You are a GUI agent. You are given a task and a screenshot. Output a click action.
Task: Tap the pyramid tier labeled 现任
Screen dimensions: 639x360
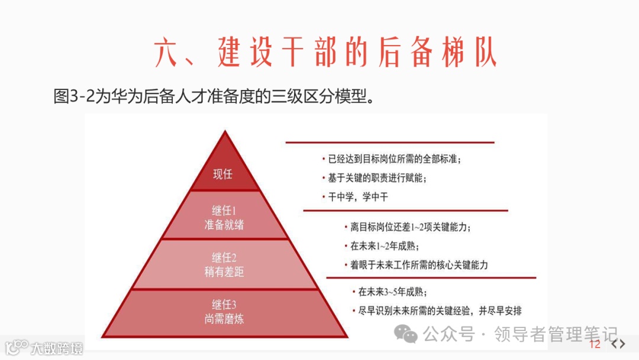(223, 174)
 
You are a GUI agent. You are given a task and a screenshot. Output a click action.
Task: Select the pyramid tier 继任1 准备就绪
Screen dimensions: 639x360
(224, 217)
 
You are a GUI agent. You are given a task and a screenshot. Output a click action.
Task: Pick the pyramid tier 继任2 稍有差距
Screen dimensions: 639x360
(224, 265)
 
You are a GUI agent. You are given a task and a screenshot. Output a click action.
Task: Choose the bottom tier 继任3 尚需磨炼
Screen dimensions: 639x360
(224, 312)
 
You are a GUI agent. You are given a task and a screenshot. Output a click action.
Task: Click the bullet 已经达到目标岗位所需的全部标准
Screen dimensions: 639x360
(394, 159)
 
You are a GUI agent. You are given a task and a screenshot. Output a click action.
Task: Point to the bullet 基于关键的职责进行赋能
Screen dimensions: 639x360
(377, 178)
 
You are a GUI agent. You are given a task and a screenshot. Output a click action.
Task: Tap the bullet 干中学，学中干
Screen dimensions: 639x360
(358, 197)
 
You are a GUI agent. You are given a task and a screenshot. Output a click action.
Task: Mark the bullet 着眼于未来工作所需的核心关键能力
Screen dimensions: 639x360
(419, 265)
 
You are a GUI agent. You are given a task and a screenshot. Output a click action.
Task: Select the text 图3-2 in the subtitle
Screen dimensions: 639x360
(74, 96)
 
